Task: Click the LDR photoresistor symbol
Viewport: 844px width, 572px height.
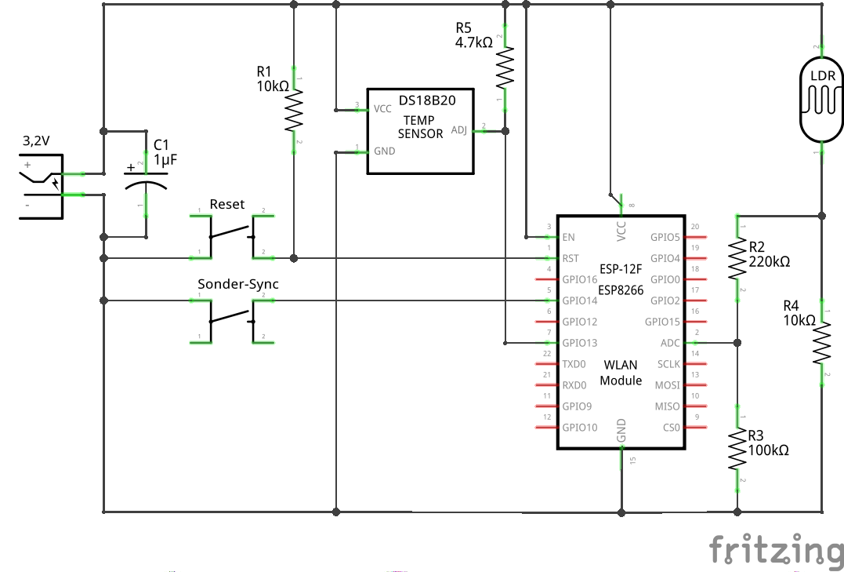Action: (x=821, y=100)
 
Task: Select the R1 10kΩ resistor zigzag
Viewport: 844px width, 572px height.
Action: (x=293, y=111)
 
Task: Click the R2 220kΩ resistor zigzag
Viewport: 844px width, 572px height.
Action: (x=737, y=259)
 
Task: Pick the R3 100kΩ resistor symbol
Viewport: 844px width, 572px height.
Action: (x=737, y=449)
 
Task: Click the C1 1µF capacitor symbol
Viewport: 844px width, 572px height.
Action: (x=146, y=185)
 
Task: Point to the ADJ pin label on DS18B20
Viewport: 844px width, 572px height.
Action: (x=458, y=130)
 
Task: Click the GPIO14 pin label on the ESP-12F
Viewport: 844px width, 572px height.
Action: (x=579, y=301)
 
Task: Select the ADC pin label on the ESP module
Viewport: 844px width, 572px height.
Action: (x=670, y=343)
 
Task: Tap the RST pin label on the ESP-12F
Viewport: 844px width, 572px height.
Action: (x=571, y=258)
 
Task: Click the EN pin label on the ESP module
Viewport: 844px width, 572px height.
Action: (x=569, y=237)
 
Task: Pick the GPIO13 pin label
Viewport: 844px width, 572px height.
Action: (x=579, y=343)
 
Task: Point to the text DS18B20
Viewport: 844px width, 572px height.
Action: (x=426, y=100)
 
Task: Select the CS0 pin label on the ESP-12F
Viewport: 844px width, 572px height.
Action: (x=671, y=428)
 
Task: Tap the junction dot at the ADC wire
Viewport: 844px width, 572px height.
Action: (x=737, y=343)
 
